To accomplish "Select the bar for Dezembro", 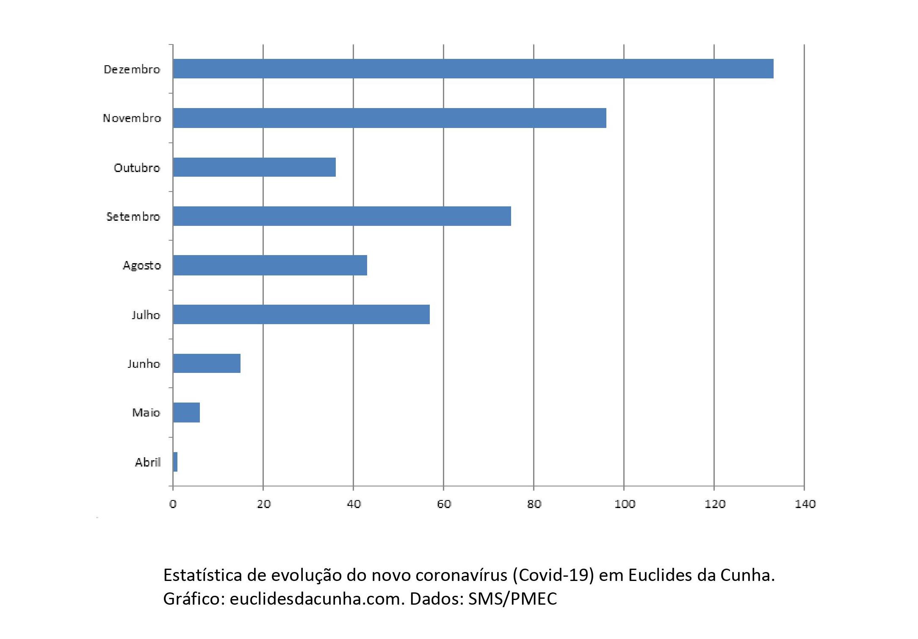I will tap(473, 69).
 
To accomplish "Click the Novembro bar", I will tap(390, 118).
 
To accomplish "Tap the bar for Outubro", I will tap(254, 167).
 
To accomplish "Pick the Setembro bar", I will tap(342, 216).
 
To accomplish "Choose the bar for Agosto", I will tap(270, 265).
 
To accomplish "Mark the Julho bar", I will tap(301, 314).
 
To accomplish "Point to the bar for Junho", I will tap(207, 363).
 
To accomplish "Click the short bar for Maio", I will tap(186, 413).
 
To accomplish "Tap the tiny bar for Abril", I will tap(175, 462).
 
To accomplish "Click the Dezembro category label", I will tap(132, 69).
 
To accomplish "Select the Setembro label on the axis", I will tap(133, 217).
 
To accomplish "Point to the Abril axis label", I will tap(148, 462).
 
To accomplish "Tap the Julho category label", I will tap(146, 315).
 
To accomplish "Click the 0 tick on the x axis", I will tap(173, 504).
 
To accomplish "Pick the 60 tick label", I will tap(444, 504).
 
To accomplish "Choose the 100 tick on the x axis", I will tap(625, 504).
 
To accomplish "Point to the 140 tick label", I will tap(805, 504).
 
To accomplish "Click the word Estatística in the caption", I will tap(203, 575).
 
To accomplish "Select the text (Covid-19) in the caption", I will tap(553, 575).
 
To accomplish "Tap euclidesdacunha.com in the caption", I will tap(317, 599).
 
